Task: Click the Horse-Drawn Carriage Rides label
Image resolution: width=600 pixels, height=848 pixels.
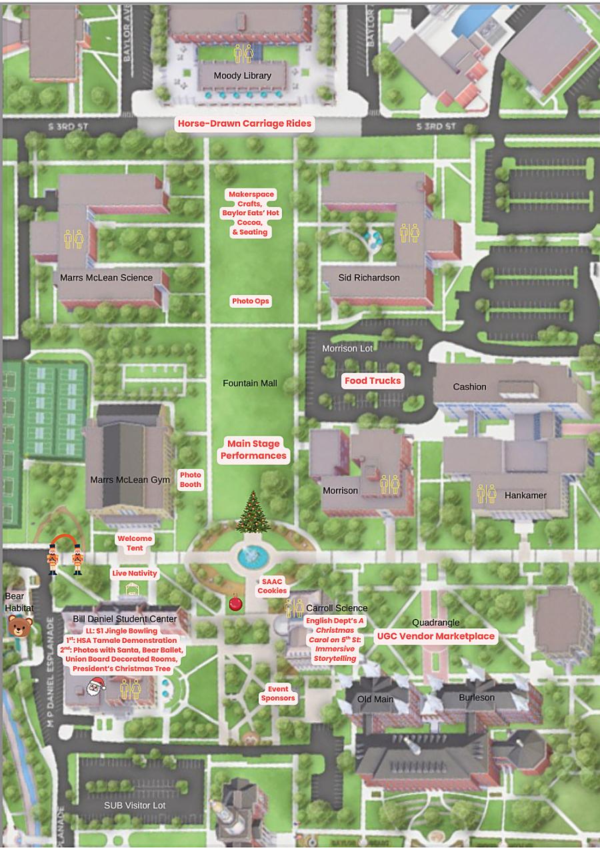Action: point(244,124)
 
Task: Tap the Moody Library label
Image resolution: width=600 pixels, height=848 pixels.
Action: point(242,76)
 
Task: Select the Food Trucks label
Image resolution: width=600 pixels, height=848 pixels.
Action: point(373,381)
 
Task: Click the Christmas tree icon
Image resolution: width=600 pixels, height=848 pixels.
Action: point(252,512)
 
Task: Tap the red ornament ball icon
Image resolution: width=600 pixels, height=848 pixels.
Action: point(235,603)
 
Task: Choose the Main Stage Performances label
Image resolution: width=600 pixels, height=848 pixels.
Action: point(253,450)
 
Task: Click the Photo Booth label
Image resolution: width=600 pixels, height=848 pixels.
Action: point(190,480)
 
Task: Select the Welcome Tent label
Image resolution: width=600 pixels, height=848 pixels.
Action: point(135,543)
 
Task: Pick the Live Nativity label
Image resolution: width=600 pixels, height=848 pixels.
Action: point(135,574)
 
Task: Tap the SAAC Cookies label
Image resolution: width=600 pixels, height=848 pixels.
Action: point(272,586)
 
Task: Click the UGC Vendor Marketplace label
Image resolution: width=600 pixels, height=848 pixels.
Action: point(436,636)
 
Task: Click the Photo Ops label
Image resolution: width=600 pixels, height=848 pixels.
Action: point(251,301)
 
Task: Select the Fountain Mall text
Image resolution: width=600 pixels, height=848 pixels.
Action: point(250,383)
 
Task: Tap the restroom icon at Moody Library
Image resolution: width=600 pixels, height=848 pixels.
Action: point(243,53)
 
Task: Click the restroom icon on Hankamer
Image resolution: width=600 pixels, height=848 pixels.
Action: point(486,494)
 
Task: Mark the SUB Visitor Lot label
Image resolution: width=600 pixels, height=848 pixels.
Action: point(135,805)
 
